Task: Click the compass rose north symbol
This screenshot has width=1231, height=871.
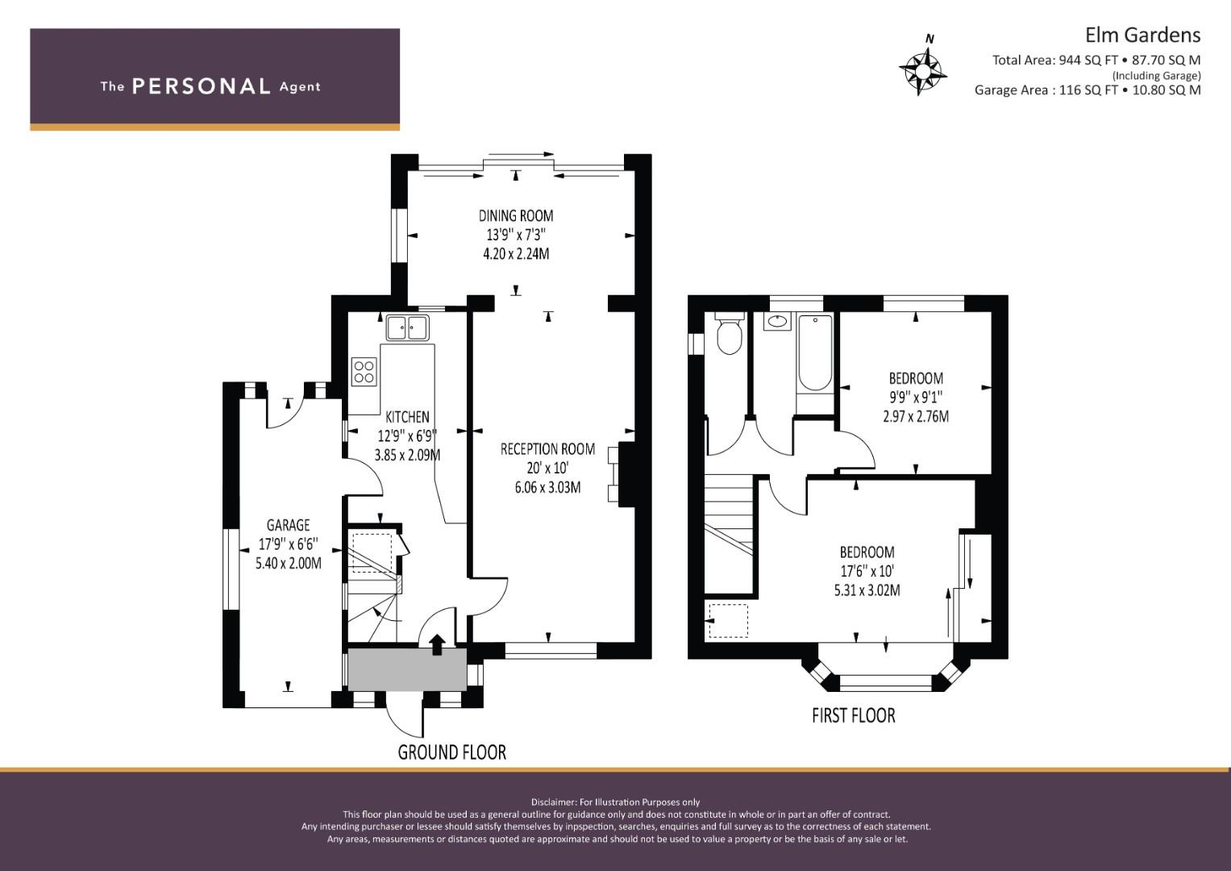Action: point(923,70)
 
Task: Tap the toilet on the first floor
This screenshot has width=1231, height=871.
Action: point(729,333)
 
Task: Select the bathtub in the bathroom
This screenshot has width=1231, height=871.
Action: point(815,352)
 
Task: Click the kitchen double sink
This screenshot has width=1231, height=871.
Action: point(407,328)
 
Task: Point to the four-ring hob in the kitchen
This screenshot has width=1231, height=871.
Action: point(364,371)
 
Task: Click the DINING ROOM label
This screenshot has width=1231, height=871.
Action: point(516,215)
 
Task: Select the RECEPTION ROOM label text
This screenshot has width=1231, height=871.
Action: point(547,449)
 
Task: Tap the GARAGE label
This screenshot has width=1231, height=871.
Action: point(289,525)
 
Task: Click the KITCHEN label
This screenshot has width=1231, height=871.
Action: point(407,417)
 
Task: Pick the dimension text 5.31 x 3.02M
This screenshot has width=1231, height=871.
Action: point(867,590)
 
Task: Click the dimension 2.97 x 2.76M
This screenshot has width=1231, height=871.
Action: point(916,416)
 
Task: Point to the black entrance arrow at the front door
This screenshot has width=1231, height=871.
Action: point(437,644)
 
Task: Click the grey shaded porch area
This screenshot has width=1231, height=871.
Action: point(407,669)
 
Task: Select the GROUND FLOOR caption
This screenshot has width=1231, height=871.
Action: point(451,752)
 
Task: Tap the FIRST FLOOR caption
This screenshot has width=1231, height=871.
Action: point(854,715)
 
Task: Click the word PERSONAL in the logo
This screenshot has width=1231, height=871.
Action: point(202,86)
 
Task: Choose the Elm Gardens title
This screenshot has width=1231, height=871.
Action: point(1142,35)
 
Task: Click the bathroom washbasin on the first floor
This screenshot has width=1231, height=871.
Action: point(776,322)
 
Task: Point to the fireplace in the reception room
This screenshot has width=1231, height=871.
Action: point(621,474)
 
